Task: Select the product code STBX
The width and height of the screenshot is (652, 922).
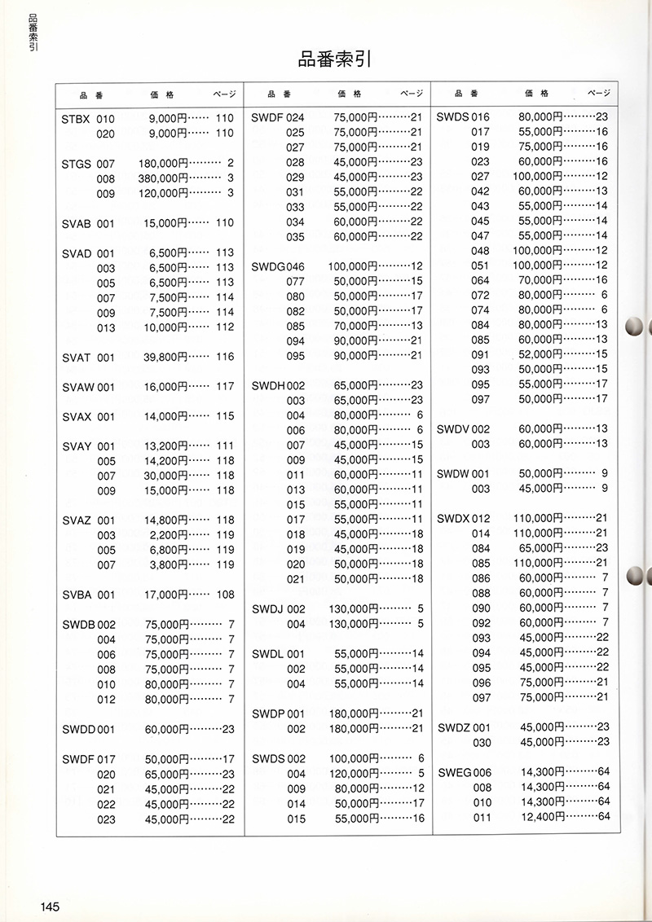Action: [x=77, y=119]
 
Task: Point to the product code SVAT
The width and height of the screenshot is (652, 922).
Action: [x=77, y=358]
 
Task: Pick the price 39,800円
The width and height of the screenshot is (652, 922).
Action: [x=165, y=358]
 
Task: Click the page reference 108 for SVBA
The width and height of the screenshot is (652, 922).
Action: [x=224, y=595]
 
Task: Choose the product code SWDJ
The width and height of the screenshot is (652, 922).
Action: [x=267, y=609]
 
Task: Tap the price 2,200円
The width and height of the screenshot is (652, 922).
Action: [x=169, y=535]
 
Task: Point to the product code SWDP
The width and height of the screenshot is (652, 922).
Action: [x=267, y=713]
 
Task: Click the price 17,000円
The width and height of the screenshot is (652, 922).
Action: [x=165, y=595]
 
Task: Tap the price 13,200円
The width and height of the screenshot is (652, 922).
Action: [x=165, y=446]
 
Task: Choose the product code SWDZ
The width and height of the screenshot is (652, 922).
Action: [x=453, y=727]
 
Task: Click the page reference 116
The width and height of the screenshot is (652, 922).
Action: [x=224, y=358]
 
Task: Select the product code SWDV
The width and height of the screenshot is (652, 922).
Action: [x=453, y=429]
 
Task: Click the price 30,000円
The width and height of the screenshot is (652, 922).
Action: [x=165, y=476]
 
